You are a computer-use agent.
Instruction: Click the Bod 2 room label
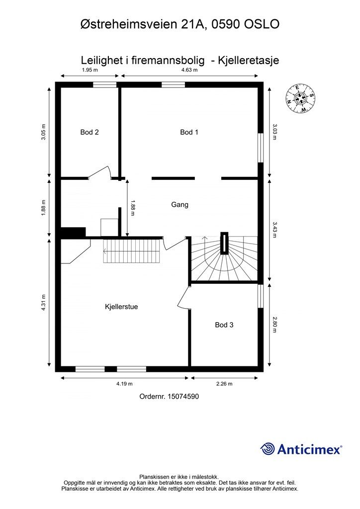(90, 132)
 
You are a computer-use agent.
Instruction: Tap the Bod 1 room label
(189, 132)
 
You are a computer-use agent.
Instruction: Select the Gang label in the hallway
(180, 204)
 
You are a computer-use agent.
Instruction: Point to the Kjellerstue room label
(121, 307)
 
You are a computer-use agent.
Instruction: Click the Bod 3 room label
(224, 325)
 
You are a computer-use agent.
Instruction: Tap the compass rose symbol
(301, 99)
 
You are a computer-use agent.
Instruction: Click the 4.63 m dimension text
(189, 70)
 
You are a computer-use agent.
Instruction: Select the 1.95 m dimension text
(90, 70)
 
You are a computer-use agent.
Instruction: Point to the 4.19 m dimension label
(124, 384)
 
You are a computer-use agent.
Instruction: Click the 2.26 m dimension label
(224, 384)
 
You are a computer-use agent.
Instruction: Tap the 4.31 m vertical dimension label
(43, 303)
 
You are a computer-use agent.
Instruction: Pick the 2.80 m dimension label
(274, 325)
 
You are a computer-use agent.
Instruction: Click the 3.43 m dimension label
(274, 230)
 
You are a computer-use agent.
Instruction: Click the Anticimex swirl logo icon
(268, 449)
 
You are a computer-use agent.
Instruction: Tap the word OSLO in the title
(262, 24)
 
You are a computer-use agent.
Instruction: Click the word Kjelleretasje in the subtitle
(249, 60)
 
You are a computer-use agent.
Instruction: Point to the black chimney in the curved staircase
(224, 243)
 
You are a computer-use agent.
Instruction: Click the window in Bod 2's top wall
(104, 85)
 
